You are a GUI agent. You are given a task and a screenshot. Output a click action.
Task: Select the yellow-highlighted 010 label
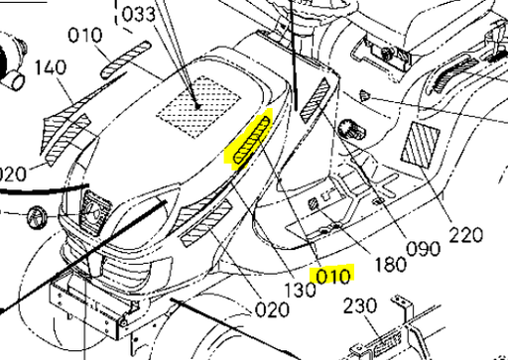point(329,276)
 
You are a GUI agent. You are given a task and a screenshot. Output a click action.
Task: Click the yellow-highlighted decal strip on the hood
point(252,140)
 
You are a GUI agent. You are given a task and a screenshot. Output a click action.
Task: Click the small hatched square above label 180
point(315,203)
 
